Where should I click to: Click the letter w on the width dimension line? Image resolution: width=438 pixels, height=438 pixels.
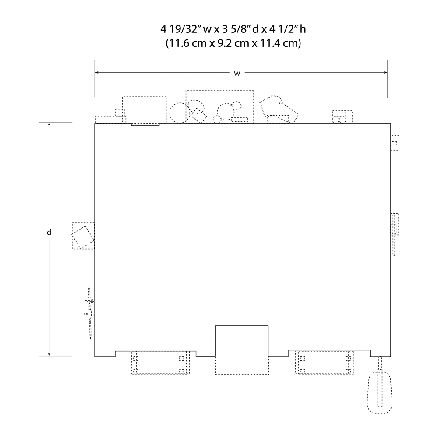click(237, 74)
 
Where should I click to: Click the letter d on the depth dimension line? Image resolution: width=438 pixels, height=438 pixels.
click(49, 232)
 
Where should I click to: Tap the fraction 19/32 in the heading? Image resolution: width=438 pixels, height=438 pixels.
click(184, 29)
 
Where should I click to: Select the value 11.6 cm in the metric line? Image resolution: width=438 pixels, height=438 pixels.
click(186, 43)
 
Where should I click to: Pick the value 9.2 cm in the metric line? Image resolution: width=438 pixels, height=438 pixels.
click(234, 43)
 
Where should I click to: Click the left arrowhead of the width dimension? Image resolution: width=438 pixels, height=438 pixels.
click(98, 73)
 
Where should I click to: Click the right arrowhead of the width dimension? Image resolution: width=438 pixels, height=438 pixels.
click(385, 73)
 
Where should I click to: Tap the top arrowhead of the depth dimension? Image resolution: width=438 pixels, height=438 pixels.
click(49, 125)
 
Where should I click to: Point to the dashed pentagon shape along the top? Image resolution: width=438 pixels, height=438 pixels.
click(279, 109)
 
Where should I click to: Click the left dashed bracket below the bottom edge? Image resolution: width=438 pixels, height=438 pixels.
click(160, 363)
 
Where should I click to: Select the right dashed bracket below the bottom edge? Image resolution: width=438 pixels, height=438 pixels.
click(324, 363)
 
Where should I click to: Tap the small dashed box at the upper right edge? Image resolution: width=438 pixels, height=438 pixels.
click(395, 143)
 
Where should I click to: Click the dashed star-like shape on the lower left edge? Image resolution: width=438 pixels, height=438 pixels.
click(89, 312)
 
